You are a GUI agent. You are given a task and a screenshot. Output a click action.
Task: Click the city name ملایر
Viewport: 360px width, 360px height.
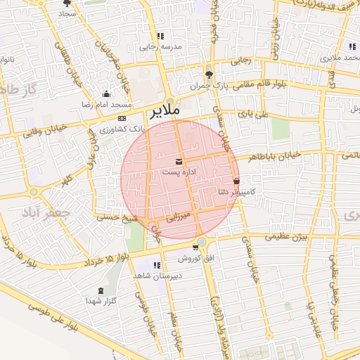click(165, 111)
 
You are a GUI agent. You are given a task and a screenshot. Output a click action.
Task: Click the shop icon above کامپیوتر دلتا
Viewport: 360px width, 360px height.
click(236, 181)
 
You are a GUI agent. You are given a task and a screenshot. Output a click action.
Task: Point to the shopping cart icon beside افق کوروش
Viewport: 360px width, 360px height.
click(195, 247)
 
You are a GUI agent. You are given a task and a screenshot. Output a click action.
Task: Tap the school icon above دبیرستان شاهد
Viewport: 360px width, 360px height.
click(156, 265)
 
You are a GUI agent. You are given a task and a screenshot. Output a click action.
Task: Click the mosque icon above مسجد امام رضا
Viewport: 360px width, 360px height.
click(106, 94)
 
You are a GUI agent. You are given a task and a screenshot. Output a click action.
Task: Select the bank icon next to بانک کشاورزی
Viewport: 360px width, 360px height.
click(122, 118)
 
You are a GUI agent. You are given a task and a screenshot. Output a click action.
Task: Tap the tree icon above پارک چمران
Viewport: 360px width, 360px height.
click(208, 75)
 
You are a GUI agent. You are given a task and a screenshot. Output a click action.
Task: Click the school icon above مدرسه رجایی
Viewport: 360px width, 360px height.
click(161, 36)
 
